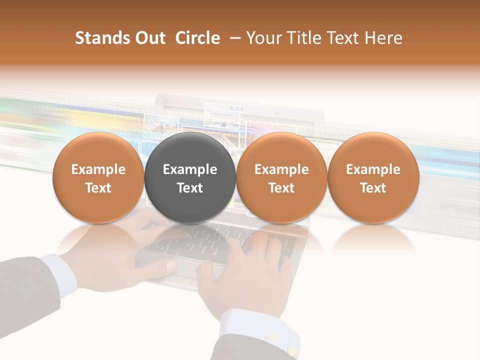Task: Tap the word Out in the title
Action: tap(149, 38)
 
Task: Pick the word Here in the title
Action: tap(384, 38)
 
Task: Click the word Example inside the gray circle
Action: tap(190, 169)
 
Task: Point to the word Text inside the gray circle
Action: tap(190, 188)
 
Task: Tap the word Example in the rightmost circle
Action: tap(373, 169)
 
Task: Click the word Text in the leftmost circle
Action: tap(98, 188)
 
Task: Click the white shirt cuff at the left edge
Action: tap(57, 272)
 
